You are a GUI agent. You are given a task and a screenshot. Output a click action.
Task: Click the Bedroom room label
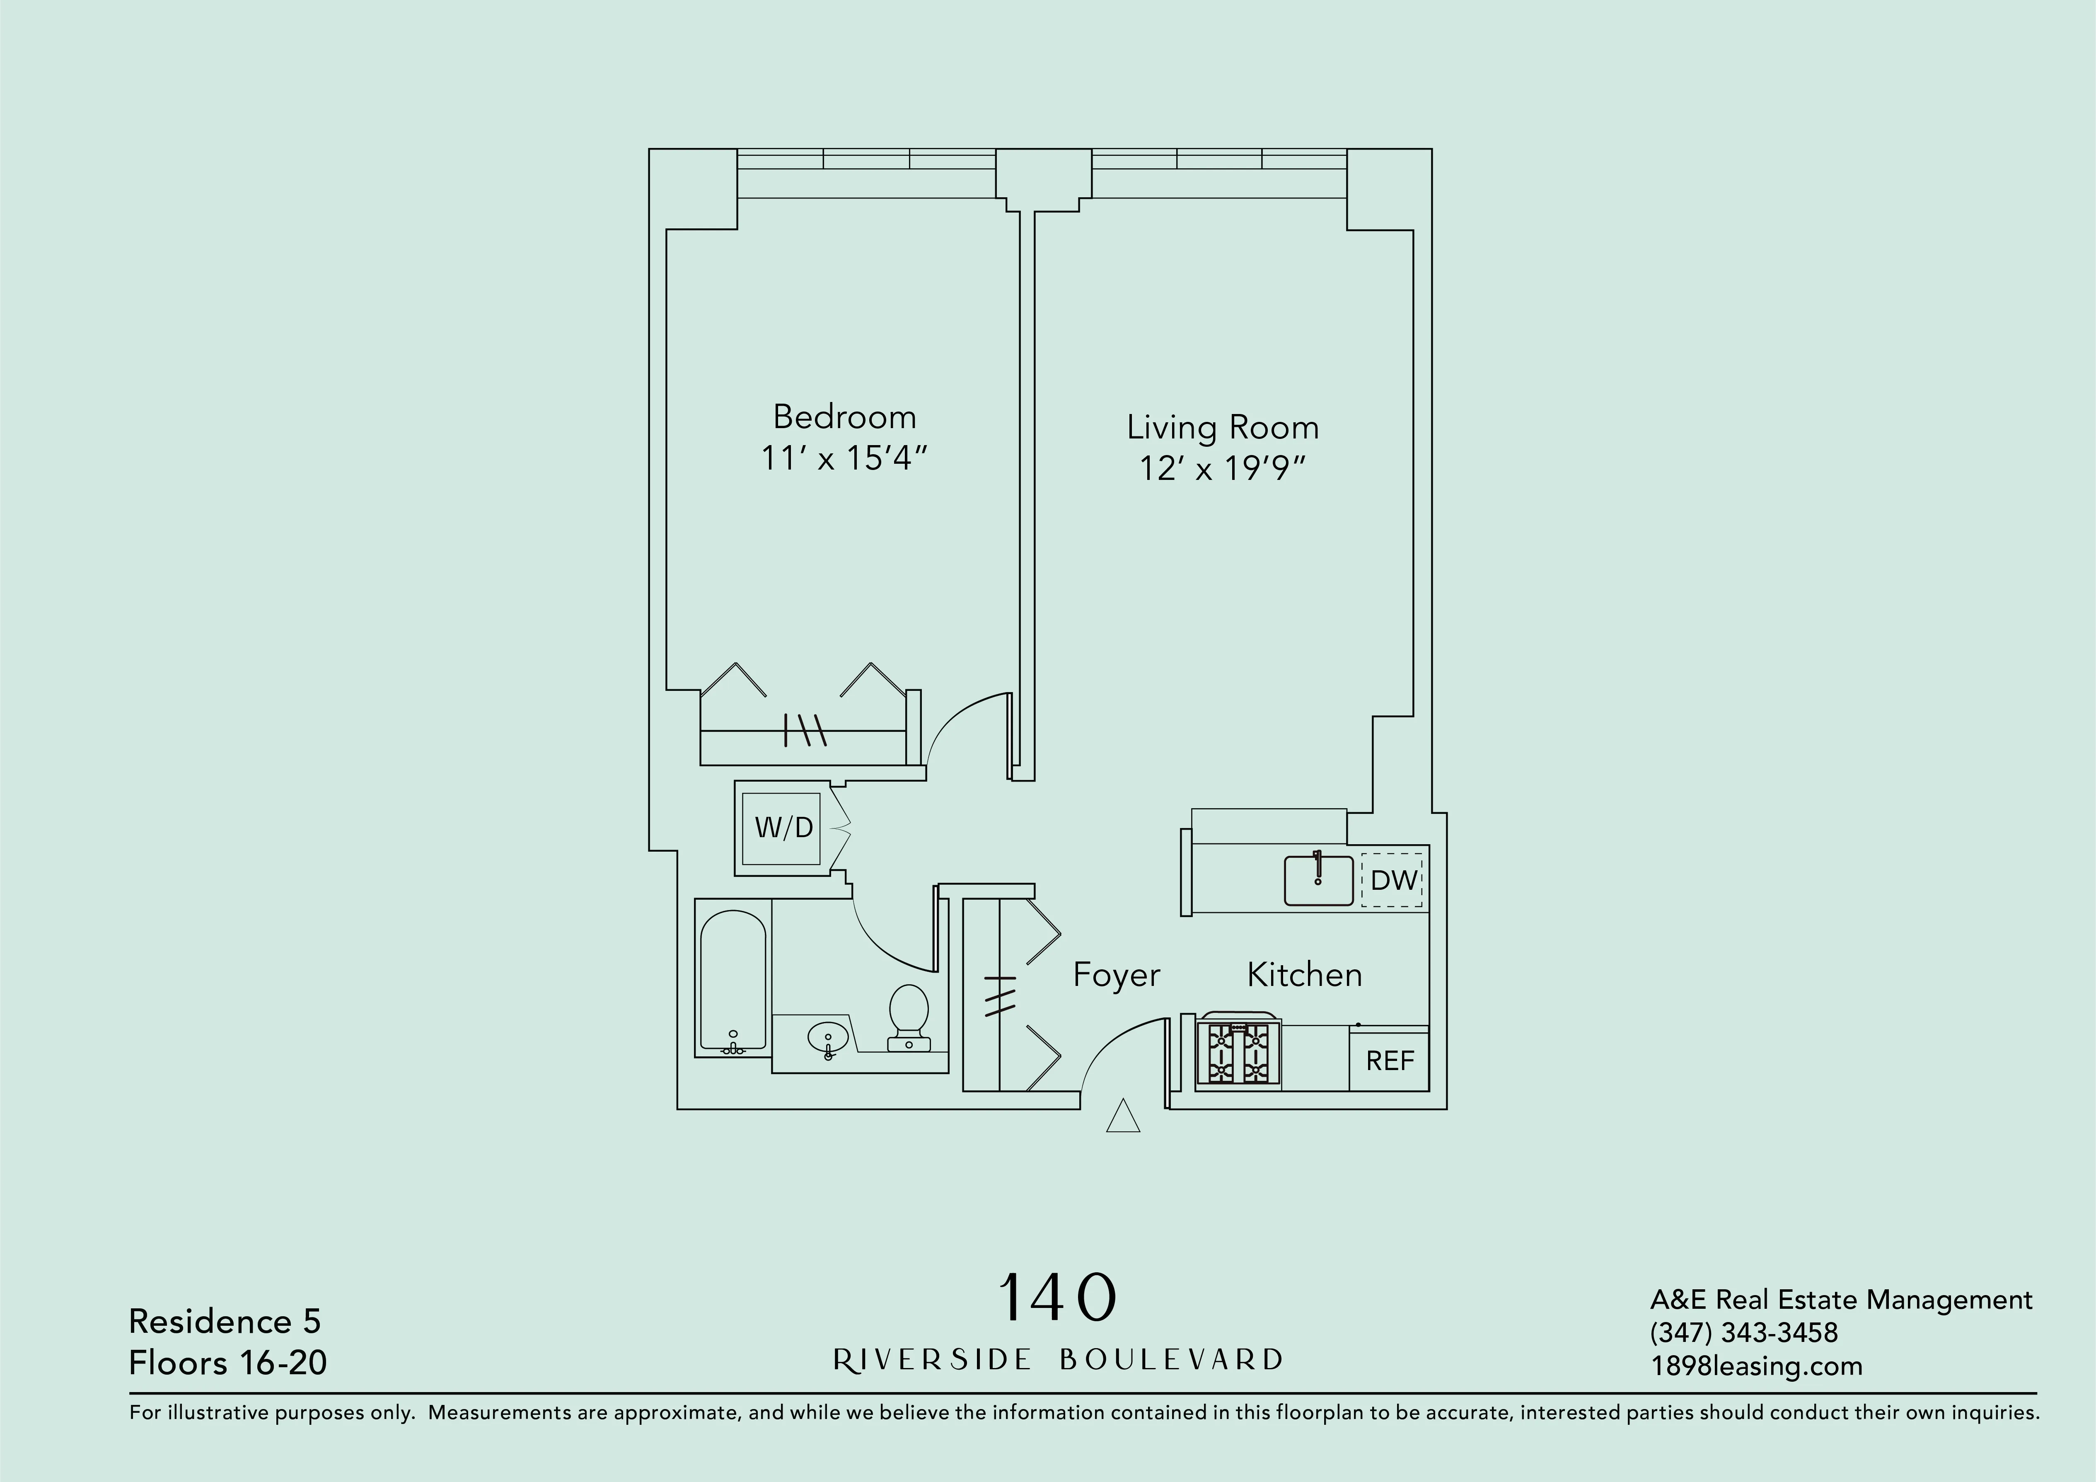click(844, 417)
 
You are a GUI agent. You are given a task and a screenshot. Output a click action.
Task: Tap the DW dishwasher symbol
click(1392, 880)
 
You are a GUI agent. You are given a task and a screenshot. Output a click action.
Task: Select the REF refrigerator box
click(1390, 1060)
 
